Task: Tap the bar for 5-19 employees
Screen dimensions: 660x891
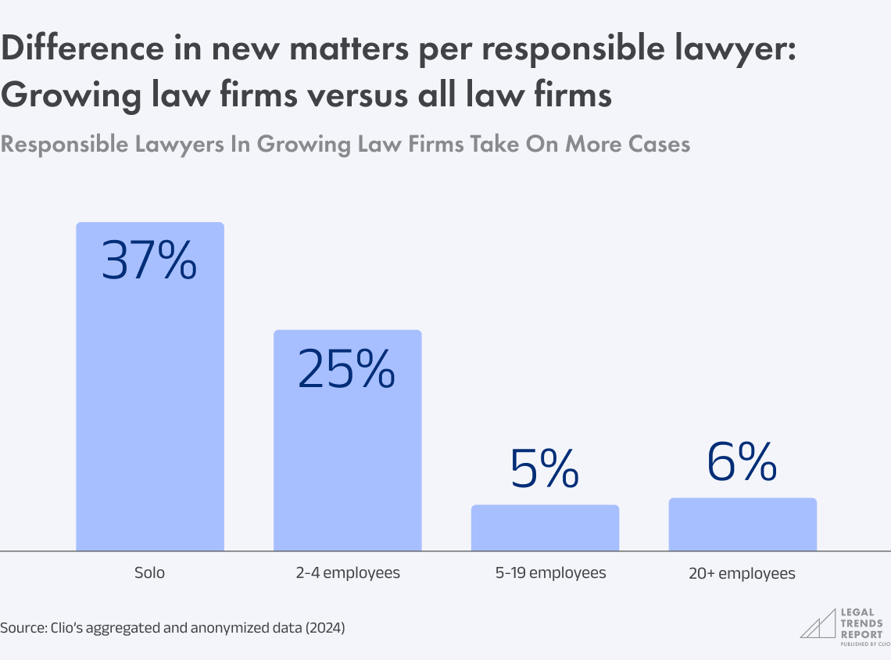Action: [x=545, y=529]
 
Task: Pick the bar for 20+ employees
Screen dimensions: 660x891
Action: [x=742, y=525]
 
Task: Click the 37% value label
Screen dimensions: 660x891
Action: [x=149, y=261]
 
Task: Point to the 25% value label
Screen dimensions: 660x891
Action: [x=347, y=369]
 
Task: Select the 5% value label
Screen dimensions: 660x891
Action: [x=545, y=467]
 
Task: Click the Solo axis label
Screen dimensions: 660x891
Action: [x=149, y=573]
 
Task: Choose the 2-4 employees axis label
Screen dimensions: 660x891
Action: [x=347, y=573]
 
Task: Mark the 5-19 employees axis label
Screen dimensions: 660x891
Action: [x=550, y=573]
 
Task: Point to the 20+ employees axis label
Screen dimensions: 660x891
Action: [x=742, y=574]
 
